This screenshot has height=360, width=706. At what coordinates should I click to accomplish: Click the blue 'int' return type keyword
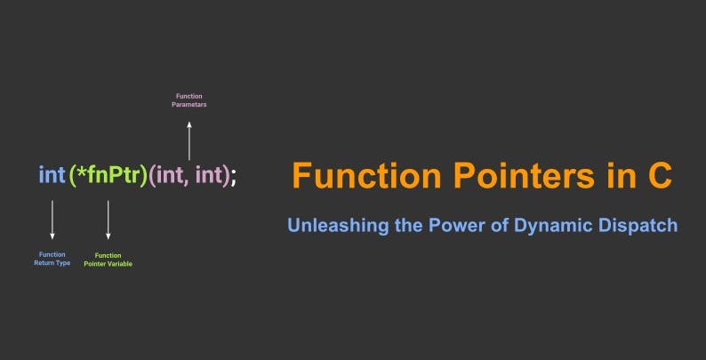click(x=52, y=175)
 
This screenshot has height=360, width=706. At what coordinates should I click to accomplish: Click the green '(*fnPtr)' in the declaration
click(x=108, y=175)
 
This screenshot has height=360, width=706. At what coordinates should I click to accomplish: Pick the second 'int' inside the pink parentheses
click(x=209, y=175)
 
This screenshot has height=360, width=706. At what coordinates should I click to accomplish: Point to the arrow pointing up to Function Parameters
click(x=189, y=140)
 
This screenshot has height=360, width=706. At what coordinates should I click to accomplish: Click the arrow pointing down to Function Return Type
click(x=52, y=220)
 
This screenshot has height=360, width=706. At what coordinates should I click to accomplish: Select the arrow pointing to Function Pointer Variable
click(x=108, y=220)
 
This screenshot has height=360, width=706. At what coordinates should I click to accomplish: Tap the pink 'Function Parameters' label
click(x=189, y=100)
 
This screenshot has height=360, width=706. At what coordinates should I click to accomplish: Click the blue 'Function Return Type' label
click(x=52, y=259)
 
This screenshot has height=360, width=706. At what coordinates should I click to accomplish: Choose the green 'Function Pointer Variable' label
click(x=108, y=260)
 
